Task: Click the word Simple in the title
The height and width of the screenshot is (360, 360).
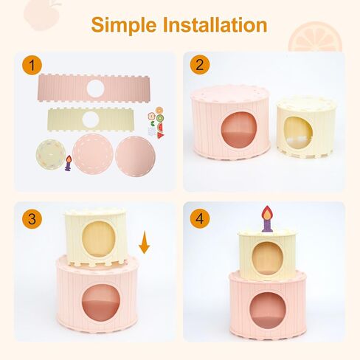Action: tap(124, 25)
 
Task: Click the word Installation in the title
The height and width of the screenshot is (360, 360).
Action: tap(215, 24)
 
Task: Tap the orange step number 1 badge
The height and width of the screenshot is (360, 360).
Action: tap(32, 65)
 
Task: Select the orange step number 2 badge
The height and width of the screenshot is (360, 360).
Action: tap(200, 65)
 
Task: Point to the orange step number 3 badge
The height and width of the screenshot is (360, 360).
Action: tap(32, 218)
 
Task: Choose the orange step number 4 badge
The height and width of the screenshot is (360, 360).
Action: tap(200, 218)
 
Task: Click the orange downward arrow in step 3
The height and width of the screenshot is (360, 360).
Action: tap(145, 242)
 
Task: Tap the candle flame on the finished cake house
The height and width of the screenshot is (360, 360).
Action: tap(266, 212)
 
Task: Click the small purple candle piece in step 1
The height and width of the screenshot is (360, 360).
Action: tap(69, 163)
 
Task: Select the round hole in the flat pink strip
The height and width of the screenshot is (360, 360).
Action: tap(95, 89)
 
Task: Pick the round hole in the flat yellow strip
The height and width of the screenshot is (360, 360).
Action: tap(91, 120)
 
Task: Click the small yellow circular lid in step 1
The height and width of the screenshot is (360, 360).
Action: tap(51, 154)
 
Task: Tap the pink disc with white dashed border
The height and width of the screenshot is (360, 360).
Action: tap(93, 155)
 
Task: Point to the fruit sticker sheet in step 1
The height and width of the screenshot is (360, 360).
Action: tap(156, 123)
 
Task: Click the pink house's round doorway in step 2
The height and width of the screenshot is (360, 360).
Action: tap(239, 130)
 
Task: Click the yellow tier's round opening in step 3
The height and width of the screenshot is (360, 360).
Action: tap(98, 239)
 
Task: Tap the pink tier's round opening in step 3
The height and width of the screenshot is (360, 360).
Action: tap(100, 302)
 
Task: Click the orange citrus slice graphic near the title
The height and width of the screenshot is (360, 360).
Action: tap(315, 37)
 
